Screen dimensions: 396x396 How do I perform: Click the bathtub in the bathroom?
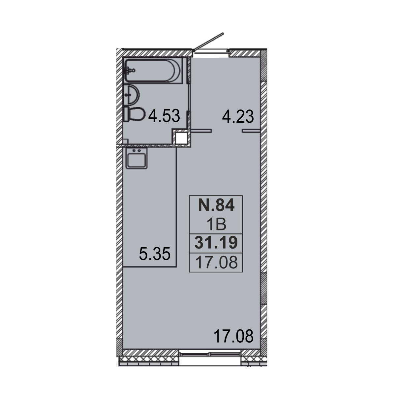click(x=153, y=71)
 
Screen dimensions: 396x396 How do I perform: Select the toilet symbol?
click(x=134, y=115)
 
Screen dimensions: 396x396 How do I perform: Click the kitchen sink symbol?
click(x=137, y=158)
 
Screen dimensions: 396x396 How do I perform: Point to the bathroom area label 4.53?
click(x=164, y=116)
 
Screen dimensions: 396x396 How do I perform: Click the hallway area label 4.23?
click(x=238, y=116)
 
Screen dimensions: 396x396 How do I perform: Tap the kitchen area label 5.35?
click(x=155, y=254)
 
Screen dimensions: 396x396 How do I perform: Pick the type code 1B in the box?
click(x=216, y=224)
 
